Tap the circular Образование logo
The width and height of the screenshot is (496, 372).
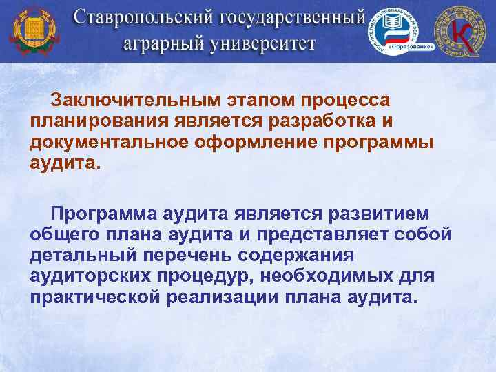pos(395,32)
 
